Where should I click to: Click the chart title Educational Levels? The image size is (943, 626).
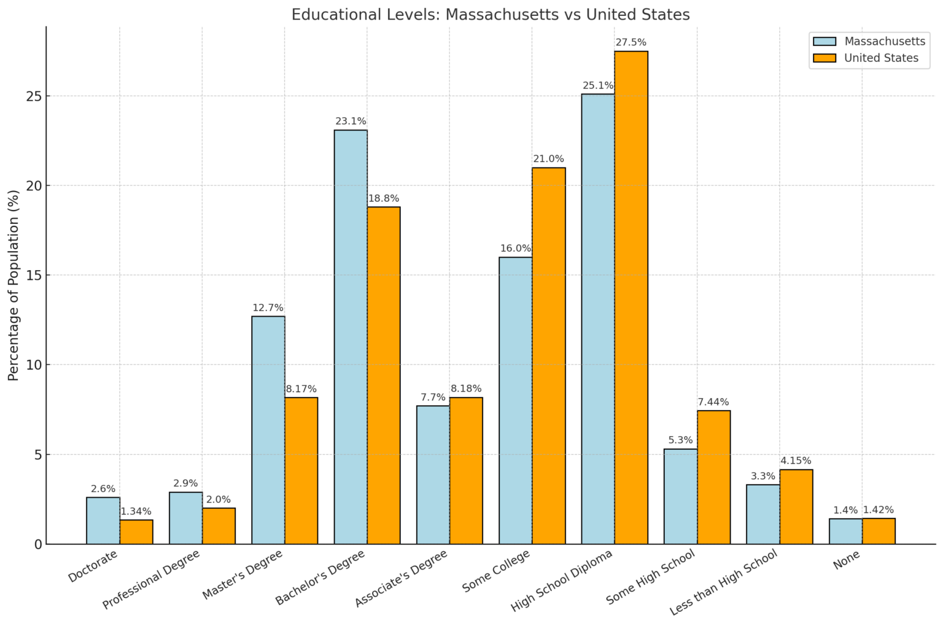490,14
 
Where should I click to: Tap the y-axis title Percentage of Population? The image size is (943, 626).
14,285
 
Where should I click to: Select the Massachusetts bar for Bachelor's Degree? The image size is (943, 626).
351,337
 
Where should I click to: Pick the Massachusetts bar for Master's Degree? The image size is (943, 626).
268,430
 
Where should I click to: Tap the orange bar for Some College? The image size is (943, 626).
549,356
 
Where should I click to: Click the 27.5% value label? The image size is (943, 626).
631,42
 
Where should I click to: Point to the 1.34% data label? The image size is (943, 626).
136,511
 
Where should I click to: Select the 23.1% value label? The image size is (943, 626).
351,122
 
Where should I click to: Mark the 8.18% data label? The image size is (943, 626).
466,388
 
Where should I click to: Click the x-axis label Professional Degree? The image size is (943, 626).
151,580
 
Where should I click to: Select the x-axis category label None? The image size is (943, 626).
847,560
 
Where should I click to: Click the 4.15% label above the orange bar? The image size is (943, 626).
796,460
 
